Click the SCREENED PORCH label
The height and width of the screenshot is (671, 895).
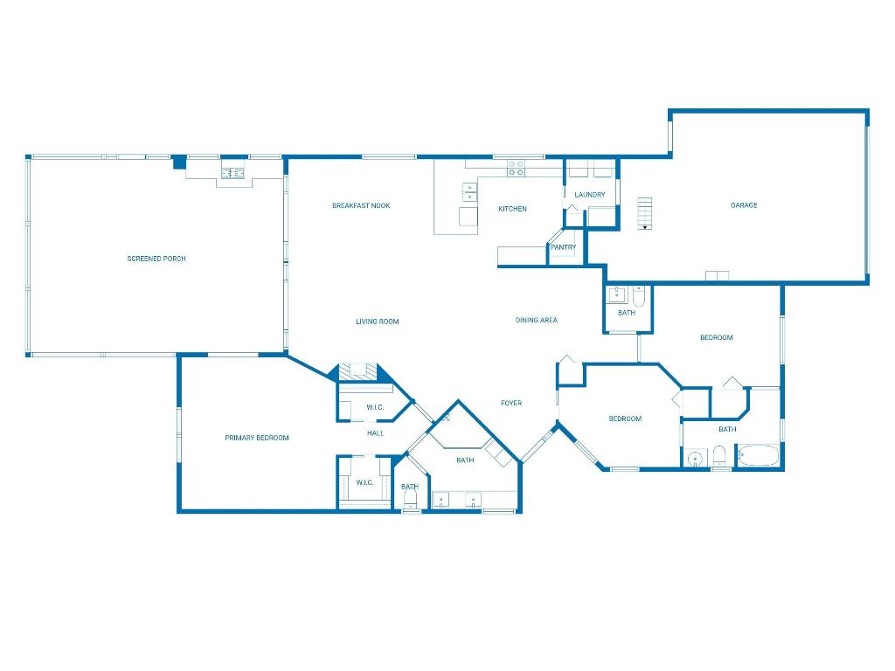coord(156,259)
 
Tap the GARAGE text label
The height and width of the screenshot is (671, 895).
coord(744,205)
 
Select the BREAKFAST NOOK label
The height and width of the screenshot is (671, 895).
coord(361,206)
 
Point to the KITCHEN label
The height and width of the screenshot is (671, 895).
coord(512,209)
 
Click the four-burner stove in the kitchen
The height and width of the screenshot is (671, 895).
coord(517,168)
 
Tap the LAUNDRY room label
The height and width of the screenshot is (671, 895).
coord(589,195)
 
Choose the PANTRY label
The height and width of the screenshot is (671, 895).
coord(563,247)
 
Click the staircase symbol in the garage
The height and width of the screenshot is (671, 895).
coord(645,213)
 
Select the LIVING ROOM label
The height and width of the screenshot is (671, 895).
coord(377,322)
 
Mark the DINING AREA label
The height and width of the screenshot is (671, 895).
coord(536,321)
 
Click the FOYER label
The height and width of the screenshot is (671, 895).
coord(511,403)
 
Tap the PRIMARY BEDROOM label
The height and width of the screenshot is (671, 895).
coord(256,438)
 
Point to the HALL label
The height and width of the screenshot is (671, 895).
coord(375,433)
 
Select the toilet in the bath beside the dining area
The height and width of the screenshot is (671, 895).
coord(639,298)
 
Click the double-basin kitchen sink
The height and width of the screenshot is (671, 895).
coord(470,191)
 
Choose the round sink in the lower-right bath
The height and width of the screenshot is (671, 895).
coord(696,458)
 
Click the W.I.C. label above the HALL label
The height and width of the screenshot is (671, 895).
coord(375,407)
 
